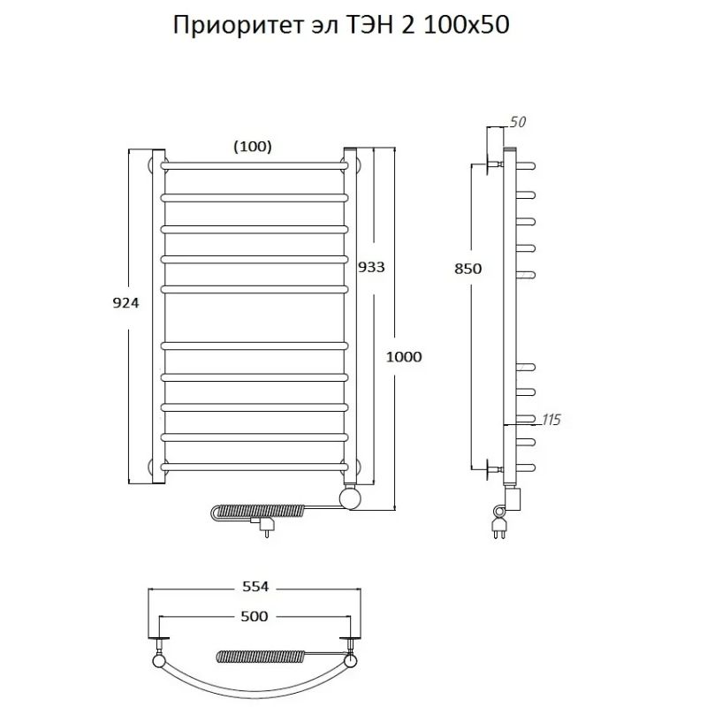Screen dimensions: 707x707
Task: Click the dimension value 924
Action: click(x=125, y=301)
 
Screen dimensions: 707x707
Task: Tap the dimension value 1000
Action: click(x=404, y=356)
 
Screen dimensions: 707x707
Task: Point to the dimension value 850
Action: click(x=468, y=270)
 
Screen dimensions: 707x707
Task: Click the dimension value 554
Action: click(x=253, y=586)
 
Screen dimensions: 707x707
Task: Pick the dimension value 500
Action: click(x=253, y=616)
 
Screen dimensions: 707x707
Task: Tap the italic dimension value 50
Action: click(x=518, y=123)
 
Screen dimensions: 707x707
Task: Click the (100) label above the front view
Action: click(x=252, y=147)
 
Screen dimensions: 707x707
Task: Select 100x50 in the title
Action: click(x=467, y=26)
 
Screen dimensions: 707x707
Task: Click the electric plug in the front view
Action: click(x=265, y=527)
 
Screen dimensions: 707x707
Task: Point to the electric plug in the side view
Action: click(x=498, y=528)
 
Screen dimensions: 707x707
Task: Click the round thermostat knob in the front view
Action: click(x=352, y=499)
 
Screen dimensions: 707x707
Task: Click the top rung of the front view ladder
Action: click(x=255, y=165)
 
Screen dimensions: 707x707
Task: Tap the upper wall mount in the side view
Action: click(x=490, y=164)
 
